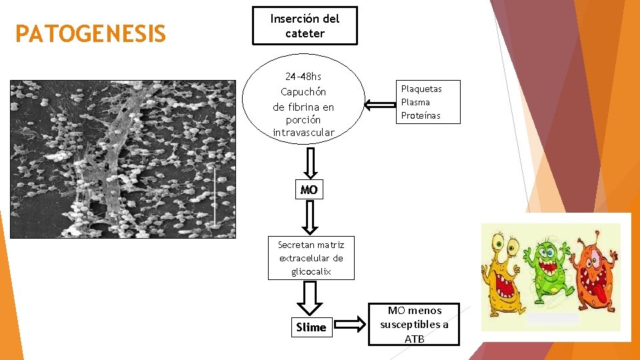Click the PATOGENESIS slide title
tap(91, 34)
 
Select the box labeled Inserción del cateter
tap(305, 26)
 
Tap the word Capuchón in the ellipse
tap(303, 92)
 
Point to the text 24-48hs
tap(303, 77)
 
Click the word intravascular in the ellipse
tap(303, 133)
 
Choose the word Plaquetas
tap(421, 89)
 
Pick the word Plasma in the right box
tap(415, 102)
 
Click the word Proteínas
tap(421, 115)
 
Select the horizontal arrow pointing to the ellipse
tap(381, 104)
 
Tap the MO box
tap(309, 190)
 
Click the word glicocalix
tap(311, 271)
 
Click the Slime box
tap(311, 327)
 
